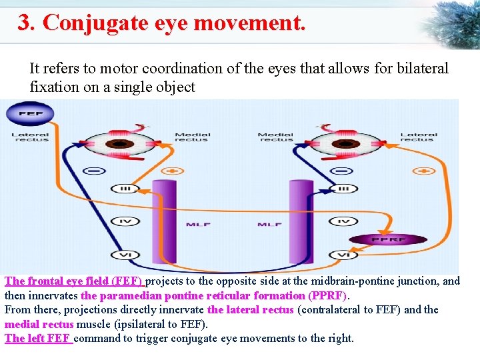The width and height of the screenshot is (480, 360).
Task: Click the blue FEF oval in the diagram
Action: tap(29, 114)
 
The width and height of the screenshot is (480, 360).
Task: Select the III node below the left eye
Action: tap(125, 189)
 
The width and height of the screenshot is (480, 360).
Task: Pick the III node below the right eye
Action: tap(343, 189)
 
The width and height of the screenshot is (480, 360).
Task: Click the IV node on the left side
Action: tap(124, 221)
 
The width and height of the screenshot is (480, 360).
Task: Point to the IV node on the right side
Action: tap(343, 221)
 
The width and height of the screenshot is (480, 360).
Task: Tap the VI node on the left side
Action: tap(125, 255)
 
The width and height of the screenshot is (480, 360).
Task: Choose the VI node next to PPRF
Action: tap(343, 255)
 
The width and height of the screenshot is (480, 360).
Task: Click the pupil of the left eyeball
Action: tap(121, 143)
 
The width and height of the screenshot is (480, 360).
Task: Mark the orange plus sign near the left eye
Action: tap(173, 171)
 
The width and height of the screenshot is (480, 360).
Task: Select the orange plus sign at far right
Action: tap(423, 171)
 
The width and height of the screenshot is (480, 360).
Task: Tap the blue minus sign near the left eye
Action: tap(95, 171)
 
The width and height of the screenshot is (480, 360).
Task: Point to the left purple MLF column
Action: tap(165, 220)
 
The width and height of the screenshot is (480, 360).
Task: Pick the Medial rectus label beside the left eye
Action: tap(192, 137)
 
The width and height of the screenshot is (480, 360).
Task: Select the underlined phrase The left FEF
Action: tap(38, 338)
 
